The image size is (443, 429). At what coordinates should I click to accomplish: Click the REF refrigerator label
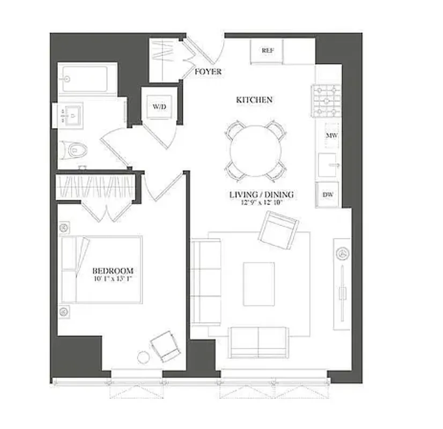tap(268, 50)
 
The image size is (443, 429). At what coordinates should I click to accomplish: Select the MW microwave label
tap(331, 136)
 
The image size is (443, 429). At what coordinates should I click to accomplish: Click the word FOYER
tap(208, 71)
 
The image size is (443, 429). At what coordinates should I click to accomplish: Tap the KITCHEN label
tap(255, 100)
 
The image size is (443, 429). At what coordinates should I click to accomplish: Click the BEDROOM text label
tap(113, 271)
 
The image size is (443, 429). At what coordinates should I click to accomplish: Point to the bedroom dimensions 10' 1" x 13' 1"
tap(113, 279)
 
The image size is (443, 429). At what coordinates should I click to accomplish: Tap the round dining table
tap(255, 151)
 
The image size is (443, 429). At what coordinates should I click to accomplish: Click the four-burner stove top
tap(324, 101)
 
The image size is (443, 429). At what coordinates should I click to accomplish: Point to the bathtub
tap(87, 79)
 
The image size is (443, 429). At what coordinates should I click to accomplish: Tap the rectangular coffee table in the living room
tap(259, 284)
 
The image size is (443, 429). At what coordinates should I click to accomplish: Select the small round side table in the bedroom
tap(144, 357)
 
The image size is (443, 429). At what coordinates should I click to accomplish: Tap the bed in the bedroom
tap(102, 269)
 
